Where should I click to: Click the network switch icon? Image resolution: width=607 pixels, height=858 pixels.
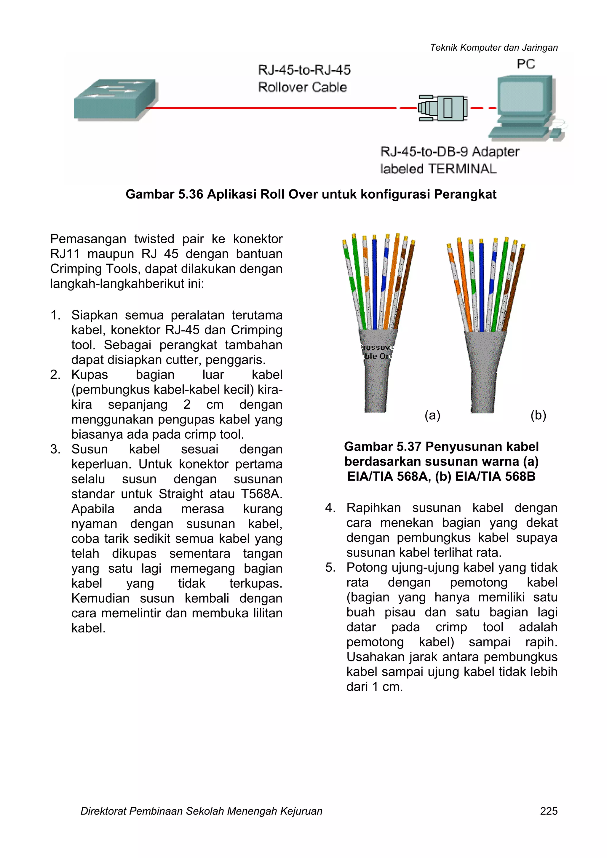115,99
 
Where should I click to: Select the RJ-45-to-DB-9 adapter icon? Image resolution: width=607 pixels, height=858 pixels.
443,108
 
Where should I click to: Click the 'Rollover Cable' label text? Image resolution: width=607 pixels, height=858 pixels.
302,87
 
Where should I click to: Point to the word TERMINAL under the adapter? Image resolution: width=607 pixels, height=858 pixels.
462,169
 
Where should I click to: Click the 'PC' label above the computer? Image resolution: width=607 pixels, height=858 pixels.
525,64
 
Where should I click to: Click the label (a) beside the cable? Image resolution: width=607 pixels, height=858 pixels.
432,415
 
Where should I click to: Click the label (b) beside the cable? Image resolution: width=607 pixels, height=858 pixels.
538,415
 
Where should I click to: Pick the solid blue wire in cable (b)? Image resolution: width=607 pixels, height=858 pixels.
482,284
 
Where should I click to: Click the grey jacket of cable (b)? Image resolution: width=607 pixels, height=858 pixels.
484,374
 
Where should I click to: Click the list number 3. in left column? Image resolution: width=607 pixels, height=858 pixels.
55,449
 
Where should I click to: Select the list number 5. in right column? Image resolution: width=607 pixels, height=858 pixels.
330,567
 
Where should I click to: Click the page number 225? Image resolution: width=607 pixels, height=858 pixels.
548,811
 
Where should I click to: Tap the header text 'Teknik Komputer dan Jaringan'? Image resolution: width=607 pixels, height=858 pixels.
493,47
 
